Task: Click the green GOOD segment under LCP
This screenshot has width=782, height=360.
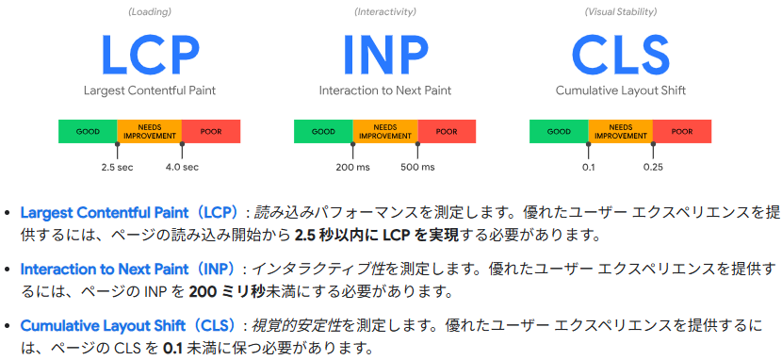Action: click(x=88, y=131)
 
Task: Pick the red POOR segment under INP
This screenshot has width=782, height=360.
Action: click(x=447, y=131)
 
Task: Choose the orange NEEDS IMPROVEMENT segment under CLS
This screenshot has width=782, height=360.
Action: click(x=620, y=131)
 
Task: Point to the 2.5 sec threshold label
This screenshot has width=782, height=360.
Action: click(x=117, y=167)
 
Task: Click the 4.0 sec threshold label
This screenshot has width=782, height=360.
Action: click(x=182, y=167)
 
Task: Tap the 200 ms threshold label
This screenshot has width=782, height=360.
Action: click(x=352, y=167)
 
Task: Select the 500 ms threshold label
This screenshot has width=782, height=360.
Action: click(x=417, y=167)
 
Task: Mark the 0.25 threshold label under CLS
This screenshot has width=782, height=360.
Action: click(x=653, y=167)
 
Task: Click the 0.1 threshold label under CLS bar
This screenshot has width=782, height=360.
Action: click(x=588, y=167)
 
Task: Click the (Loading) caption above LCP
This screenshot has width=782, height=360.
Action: click(x=149, y=11)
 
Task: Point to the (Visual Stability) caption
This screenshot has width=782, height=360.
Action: click(x=620, y=11)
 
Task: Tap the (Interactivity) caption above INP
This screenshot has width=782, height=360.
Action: click(x=384, y=11)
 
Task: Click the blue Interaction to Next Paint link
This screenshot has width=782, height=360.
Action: click(x=114, y=270)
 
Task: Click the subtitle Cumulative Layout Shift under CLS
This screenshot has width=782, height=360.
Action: click(x=620, y=91)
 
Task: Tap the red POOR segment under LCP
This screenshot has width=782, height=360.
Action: click(x=211, y=131)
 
